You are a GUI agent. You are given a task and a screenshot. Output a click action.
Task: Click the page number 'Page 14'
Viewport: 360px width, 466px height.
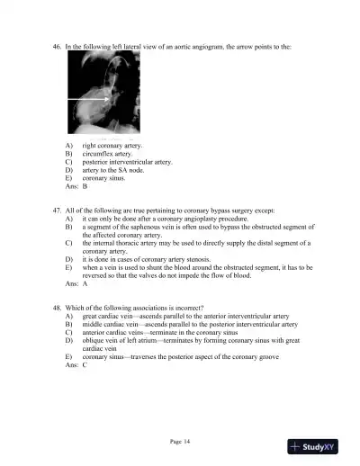click(181, 440)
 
